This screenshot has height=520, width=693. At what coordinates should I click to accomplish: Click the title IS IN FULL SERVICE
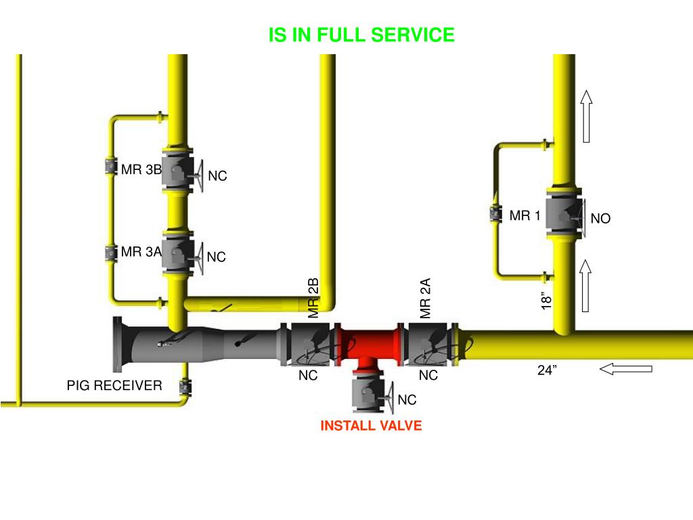coord(361,35)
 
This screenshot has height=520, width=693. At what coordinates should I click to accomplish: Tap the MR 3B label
coord(141,169)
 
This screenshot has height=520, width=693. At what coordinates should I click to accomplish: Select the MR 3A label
coord(141,253)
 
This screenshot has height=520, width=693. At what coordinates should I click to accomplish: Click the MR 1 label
coord(524,216)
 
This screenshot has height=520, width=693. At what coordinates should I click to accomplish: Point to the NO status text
coord(600,219)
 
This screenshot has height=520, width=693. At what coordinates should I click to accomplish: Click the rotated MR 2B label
coord(313,298)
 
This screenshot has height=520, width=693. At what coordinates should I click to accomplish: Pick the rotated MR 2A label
coord(425,298)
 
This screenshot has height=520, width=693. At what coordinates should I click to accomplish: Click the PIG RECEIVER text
coord(114,386)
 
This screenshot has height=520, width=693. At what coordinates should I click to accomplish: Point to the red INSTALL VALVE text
coord(371,426)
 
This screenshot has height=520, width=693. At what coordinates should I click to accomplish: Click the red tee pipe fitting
coord(370,345)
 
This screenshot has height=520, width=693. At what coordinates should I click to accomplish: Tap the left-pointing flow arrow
coord(625,369)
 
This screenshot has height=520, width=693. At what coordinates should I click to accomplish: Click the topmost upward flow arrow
coord(586,116)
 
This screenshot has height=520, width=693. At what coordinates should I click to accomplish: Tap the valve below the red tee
coord(370,393)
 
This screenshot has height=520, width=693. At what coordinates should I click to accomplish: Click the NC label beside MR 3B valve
coord(217,177)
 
